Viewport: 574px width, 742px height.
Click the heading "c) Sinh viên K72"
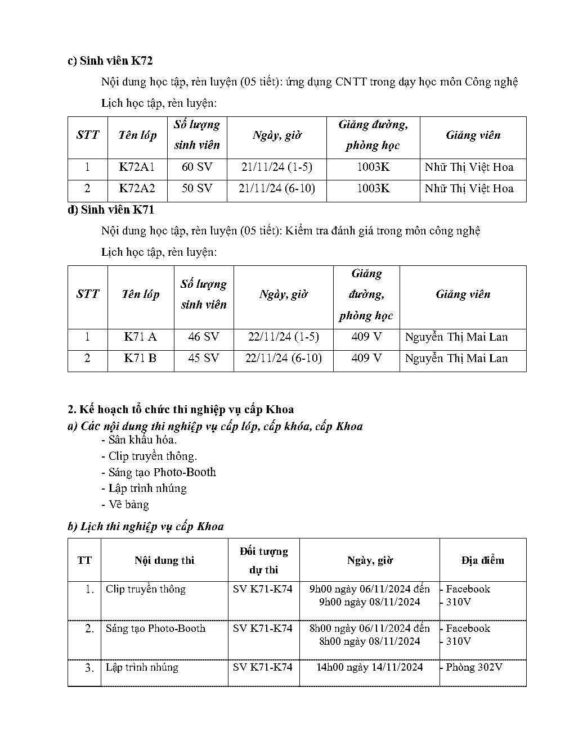(110, 61)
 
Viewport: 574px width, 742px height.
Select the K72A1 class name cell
(136, 167)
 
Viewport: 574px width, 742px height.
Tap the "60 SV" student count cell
(197, 167)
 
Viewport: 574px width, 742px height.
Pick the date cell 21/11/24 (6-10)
(276, 188)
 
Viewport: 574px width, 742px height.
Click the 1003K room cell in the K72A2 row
(373, 188)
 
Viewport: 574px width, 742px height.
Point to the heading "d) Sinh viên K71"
(110, 210)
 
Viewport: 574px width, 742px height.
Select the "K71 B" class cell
(140, 358)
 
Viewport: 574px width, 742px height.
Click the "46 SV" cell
(203, 337)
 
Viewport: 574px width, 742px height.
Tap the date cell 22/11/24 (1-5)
(283, 337)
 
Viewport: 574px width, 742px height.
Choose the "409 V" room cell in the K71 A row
(366, 337)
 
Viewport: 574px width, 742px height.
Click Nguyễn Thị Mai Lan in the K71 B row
(456, 358)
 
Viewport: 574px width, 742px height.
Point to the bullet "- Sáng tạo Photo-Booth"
(159, 472)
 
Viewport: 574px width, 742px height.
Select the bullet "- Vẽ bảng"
(125, 504)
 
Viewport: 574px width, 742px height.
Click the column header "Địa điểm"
(482, 560)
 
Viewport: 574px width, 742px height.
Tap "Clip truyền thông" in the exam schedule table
(145, 589)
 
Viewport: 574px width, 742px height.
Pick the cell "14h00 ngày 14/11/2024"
(369, 667)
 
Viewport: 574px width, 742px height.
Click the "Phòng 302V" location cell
(473, 667)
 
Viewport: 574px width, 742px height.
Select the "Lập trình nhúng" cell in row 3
(142, 667)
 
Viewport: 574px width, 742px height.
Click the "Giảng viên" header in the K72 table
(473, 135)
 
